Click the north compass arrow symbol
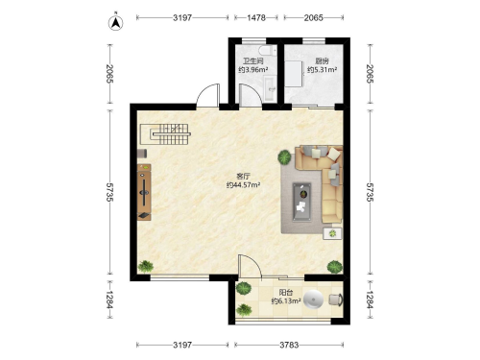click(x=115, y=23)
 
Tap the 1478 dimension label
click(x=256, y=18)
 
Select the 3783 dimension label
click(x=289, y=345)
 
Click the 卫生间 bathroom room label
click(x=252, y=60)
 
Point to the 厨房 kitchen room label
click(x=322, y=60)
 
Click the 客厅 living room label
click(x=243, y=176)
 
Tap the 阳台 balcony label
click(x=286, y=292)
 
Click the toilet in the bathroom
click(x=267, y=51)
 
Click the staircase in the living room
click(x=166, y=134)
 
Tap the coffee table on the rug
click(x=302, y=202)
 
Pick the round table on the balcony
click(x=314, y=300)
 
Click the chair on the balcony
click(x=336, y=300)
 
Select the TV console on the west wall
click(x=144, y=192)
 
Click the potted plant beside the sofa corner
click(x=284, y=157)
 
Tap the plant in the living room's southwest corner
click(x=146, y=266)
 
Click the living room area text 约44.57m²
click(x=243, y=185)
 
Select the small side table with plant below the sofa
click(x=332, y=233)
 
